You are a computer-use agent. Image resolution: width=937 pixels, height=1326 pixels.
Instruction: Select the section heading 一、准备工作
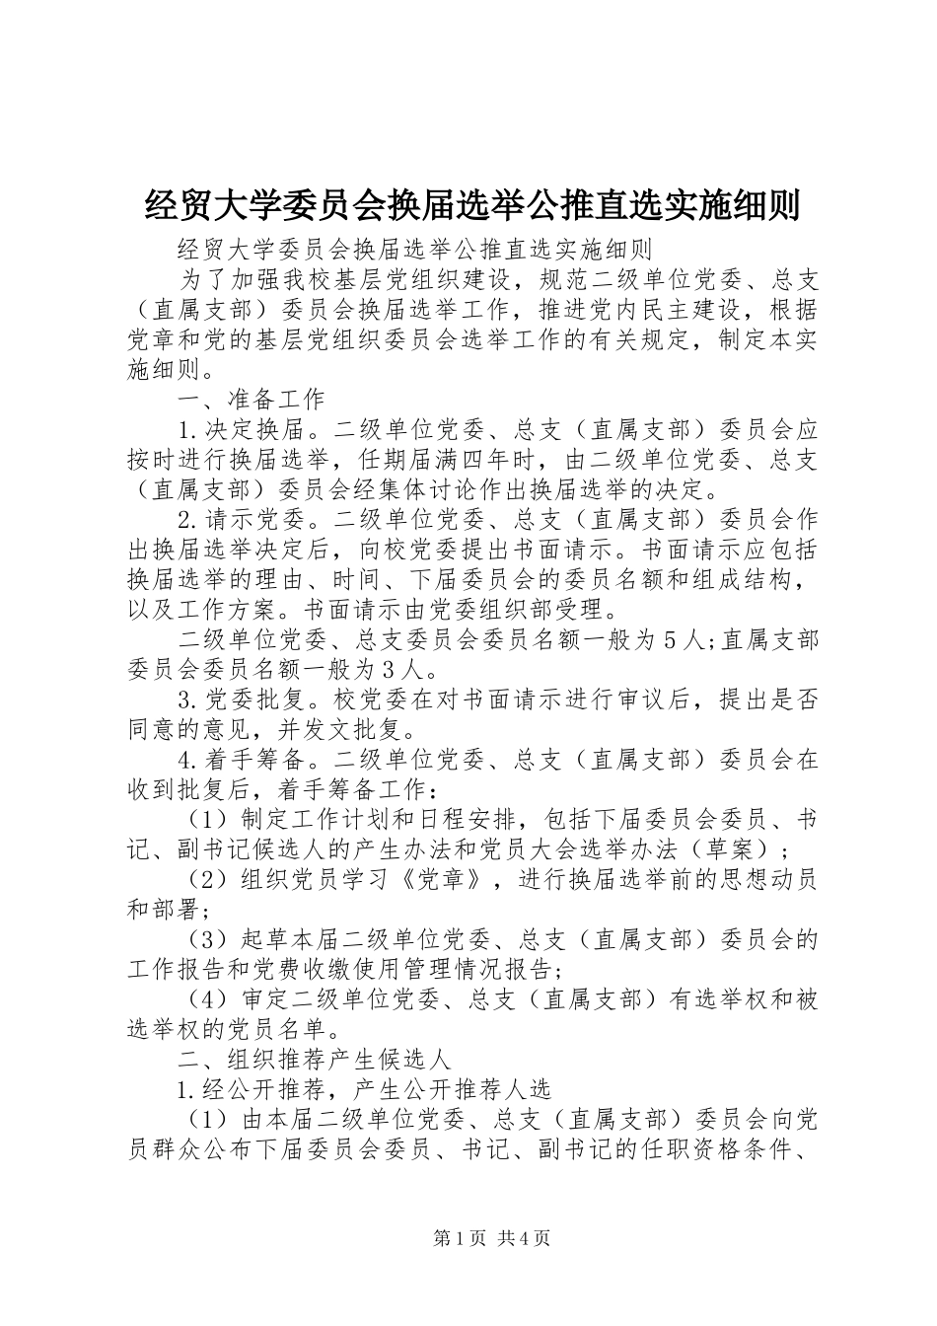252,400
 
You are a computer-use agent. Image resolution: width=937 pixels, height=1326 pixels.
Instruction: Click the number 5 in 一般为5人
670,640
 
